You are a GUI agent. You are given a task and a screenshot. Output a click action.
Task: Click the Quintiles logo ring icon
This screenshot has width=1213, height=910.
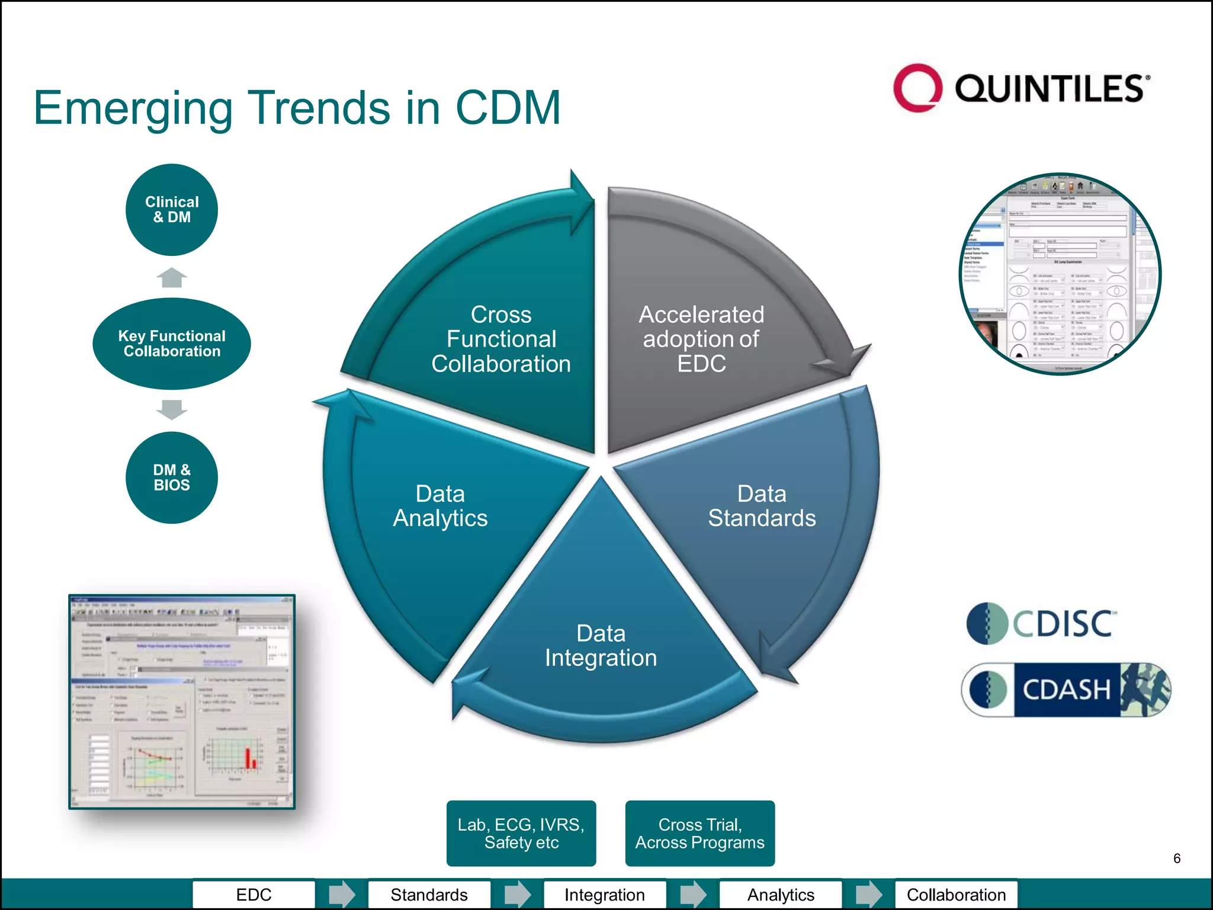tap(917, 88)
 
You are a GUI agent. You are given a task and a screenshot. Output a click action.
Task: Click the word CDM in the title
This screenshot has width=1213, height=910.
tap(508, 108)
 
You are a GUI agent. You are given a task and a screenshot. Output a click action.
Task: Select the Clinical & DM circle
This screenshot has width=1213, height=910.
tap(172, 210)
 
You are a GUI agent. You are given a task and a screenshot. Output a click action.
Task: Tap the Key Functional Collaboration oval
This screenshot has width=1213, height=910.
tap(172, 344)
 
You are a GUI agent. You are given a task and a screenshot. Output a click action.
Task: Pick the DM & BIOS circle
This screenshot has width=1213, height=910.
tap(172, 478)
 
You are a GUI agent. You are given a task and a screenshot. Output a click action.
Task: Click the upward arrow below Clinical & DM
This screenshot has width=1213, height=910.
tap(172, 277)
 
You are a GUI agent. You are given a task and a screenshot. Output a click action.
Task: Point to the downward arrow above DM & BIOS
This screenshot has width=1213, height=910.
tap(172, 409)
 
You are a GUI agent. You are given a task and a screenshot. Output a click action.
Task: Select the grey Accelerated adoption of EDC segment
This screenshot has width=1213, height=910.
tap(701, 339)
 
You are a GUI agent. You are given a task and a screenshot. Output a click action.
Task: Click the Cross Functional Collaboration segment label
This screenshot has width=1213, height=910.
tap(501, 339)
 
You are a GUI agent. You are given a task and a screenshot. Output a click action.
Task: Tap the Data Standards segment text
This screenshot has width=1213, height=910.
tap(762, 506)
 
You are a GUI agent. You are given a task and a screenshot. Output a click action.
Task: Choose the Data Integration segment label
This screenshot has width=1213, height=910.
tap(601, 646)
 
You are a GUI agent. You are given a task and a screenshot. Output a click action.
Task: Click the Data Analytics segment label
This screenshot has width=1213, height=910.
tap(440, 506)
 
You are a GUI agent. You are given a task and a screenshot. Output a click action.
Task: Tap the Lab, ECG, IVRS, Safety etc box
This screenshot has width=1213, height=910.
tap(521, 833)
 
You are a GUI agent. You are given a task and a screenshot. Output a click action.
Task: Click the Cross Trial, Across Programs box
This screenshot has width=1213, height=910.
tap(699, 833)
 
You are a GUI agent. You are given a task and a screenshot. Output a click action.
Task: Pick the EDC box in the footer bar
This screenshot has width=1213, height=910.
tap(253, 895)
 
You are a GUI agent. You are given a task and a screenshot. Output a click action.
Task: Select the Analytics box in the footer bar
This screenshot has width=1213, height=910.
tap(781, 895)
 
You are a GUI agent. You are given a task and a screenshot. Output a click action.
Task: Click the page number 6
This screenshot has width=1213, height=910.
tap(1176, 858)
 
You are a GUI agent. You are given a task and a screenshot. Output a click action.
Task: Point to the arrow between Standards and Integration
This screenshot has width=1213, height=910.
tap(518, 894)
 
